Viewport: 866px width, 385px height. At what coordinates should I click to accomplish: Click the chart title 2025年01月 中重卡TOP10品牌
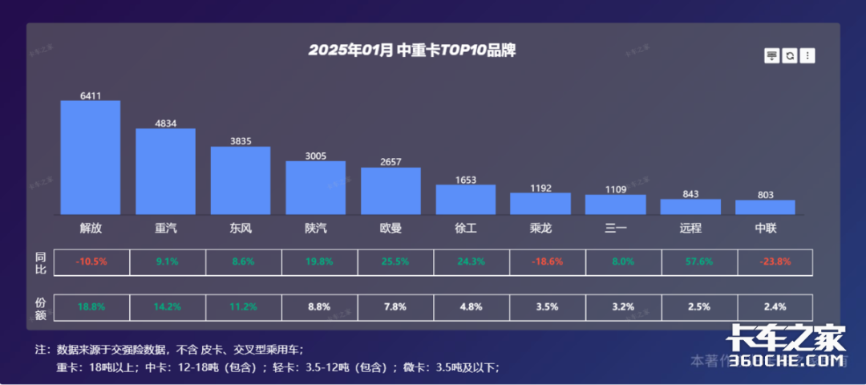coord(411,51)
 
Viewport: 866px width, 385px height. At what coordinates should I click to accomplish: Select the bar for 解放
coord(91,158)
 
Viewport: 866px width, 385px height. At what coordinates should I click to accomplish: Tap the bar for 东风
coord(241,180)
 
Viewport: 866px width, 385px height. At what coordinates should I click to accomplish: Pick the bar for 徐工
coord(466,200)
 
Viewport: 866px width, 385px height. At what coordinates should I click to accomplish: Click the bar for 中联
coord(765,207)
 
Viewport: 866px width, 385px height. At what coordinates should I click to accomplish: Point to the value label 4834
coord(165,124)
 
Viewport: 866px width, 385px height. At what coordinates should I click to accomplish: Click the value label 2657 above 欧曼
coord(391,162)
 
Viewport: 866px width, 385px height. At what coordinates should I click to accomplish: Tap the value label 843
coord(690,194)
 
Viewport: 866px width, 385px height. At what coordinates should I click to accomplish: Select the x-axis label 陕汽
coord(316,228)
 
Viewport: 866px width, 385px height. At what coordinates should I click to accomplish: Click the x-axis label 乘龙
coord(540,228)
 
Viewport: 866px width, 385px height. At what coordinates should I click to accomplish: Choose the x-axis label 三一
coord(615,228)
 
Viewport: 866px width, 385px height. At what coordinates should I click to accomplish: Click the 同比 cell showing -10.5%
coord(91,261)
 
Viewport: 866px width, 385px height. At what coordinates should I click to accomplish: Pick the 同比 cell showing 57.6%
coord(690,261)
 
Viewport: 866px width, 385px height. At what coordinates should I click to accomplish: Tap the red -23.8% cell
coord(765,261)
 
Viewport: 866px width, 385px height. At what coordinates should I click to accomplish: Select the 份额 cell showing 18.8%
coord(91,306)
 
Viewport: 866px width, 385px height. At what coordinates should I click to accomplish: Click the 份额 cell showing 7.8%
coord(391,306)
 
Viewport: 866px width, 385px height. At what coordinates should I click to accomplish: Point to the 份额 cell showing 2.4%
coord(765,306)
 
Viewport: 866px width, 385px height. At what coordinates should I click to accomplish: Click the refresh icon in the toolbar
coord(790,55)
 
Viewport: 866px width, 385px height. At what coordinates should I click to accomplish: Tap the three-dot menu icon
coord(807,55)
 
